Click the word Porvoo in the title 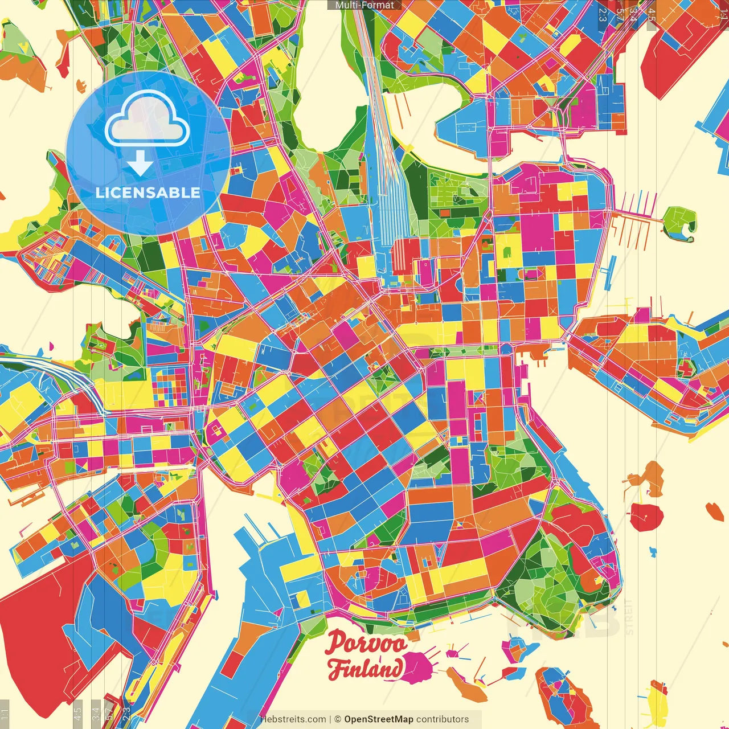pyautogui.click(x=366, y=644)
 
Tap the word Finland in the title pyautogui.click(x=364, y=668)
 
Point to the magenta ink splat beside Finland pyautogui.click(x=420, y=667)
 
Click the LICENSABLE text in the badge pyautogui.click(x=148, y=193)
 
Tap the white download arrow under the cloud pyautogui.click(x=140, y=163)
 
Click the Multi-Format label pyautogui.click(x=364, y=5)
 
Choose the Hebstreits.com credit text pyautogui.click(x=293, y=719)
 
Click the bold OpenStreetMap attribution pyautogui.click(x=379, y=719)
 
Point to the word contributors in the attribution pyautogui.click(x=443, y=719)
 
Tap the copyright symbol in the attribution pyautogui.click(x=337, y=719)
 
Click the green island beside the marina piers pyautogui.click(x=680, y=222)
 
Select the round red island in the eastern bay pyautogui.click(x=646, y=516)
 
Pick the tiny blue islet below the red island pyautogui.click(x=652, y=551)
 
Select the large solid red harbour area pyautogui.click(x=40, y=615)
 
